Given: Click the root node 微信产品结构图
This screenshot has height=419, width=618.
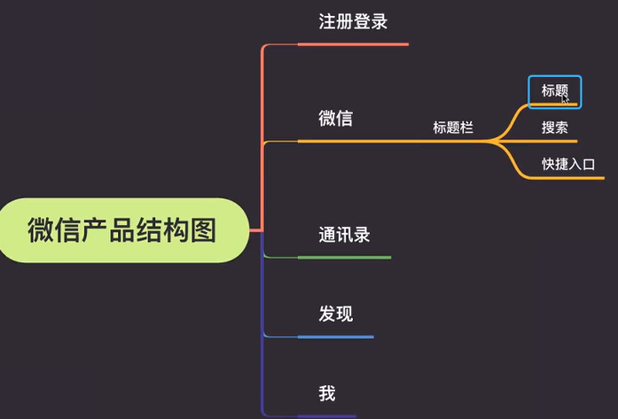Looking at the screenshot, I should [x=121, y=230].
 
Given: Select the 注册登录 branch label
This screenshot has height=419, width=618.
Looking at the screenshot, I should [x=353, y=22].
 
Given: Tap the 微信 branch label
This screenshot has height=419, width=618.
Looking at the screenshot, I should [x=336, y=119].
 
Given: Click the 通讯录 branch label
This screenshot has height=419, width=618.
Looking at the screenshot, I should [x=344, y=235].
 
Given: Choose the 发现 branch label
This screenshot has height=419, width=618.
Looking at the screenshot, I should [x=336, y=314].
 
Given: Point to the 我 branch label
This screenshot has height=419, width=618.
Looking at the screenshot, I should [x=327, y=393].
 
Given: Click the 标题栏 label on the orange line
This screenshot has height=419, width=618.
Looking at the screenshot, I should [x=453, y=128].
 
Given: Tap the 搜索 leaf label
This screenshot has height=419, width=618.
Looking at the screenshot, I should [x=555, y=128].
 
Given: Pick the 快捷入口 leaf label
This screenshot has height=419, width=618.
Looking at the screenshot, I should [x=568, y=164].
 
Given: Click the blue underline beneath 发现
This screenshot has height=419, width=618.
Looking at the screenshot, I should [x=336, y=337].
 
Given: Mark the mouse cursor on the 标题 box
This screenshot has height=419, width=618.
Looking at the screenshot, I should [x=565, y=99].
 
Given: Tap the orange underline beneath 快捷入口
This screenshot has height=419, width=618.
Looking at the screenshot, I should [x=572, y=178].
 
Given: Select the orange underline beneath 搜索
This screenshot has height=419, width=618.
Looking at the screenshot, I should [x=555, y=141].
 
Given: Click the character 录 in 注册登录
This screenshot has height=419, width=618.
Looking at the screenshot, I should [x=379, y=22].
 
